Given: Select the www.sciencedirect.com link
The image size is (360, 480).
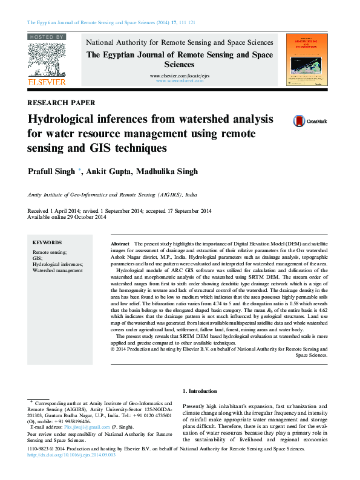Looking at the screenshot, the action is pyautogui.click(x=180, y=80).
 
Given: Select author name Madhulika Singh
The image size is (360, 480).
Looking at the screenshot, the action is pyautogui.click(x=166, y=172).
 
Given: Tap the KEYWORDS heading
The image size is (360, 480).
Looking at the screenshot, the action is pyautogui.click(x=47, y=242).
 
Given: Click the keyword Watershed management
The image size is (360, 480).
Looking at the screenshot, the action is pyautogui.click(x=57, y=271).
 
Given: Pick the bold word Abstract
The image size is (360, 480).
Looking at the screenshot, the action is pyautogui.click(x=120, y=242).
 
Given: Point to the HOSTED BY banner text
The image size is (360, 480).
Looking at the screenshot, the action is pyautogui.click(x=47, y=37).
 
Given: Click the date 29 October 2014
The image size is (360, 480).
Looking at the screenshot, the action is pyautogui.click(x=74, y=217).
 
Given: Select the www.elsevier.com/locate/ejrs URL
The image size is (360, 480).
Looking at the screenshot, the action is pyautogui.click(x=180, y=75).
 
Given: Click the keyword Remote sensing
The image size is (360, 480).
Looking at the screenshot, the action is pyautogui.click(x=50, y=251).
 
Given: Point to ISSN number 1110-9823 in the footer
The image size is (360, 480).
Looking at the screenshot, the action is pyautogui.click(x=39, y=449).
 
